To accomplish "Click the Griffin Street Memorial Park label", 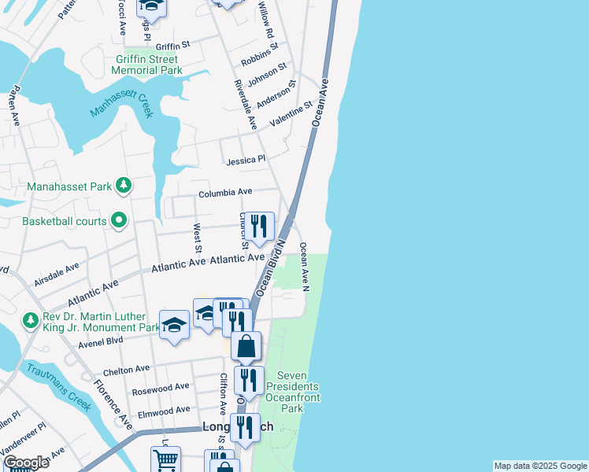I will [146, 65].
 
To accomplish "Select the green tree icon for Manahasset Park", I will [123, 186].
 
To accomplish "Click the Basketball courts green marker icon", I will [119, 220].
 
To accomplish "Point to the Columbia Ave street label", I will [224, 193].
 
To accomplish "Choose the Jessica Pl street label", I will [246, 160].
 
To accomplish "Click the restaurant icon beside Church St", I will [258, 227].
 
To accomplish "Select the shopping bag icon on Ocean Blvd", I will [246, 346].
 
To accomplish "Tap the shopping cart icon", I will [165, 459].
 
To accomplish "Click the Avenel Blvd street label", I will [102, 342].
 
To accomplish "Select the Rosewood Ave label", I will [161, 388].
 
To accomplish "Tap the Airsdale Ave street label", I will [56, 275].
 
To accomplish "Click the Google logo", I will [26, 462].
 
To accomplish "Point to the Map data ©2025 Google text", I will [539, 466].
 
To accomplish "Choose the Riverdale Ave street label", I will [245, 104].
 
